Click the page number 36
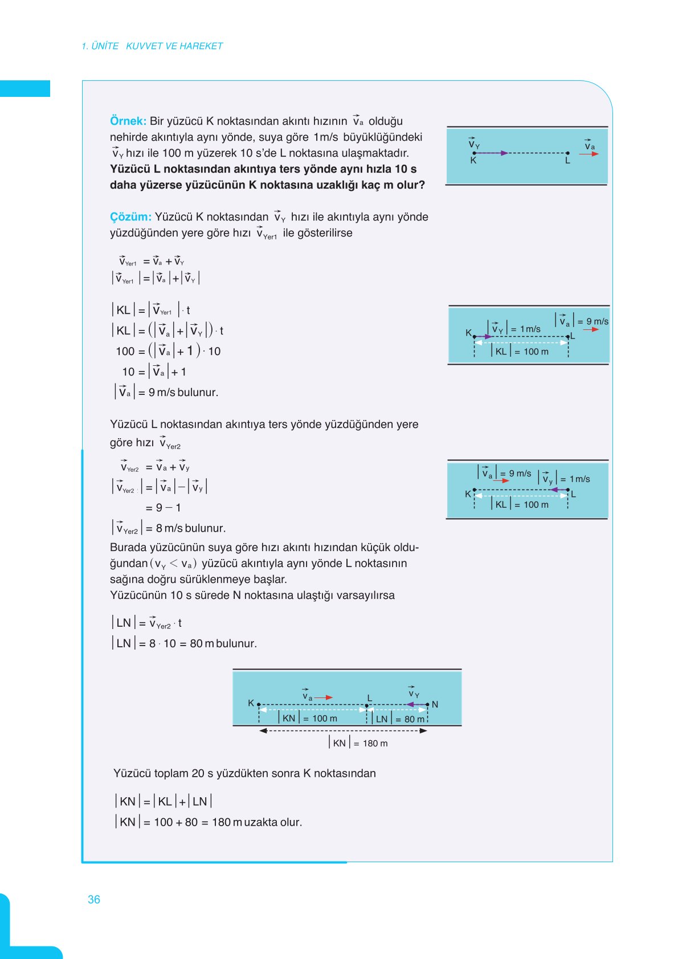(x=93, y=899)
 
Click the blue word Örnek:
(x=128, y=121)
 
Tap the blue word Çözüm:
(x=130, y=217)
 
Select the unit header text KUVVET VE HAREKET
(x=174, y=46)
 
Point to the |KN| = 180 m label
(x=359, y=743)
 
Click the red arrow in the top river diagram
(x=589, y=154)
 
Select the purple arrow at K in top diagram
(x=491, y=153)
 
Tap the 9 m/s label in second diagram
(x=597, y=321)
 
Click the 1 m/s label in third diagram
(x=579, y=479)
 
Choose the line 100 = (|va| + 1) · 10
(x=168, y=351)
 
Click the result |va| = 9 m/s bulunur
(x=166, y=392)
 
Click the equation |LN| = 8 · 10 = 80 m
(x=184, y=643)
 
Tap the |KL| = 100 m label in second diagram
(x=521, y=352)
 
